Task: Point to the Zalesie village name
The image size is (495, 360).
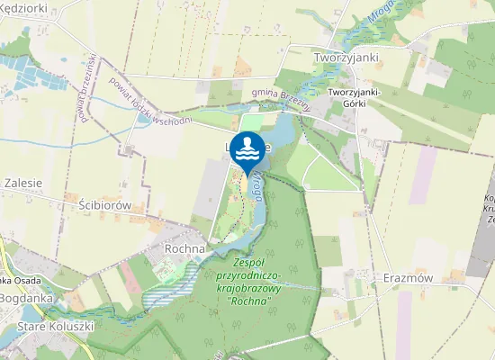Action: pyautogui.click(x=23, y=182)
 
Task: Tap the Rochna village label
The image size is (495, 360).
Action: pyautogui.click(x=186, y=247)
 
